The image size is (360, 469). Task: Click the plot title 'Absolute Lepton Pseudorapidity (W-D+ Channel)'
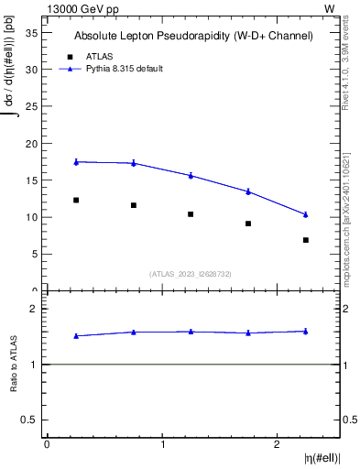click(x=193, y=36)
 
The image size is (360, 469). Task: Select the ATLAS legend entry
click(x=99, y=56)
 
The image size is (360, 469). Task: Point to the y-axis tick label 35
click(x=30, y=32)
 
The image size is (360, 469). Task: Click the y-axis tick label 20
click(x=30, y=144)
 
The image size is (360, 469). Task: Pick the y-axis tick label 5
click(x=33, y=255)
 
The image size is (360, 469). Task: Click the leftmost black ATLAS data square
click(x=76, y=200)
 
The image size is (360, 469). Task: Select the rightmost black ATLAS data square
click(x=306, y=240)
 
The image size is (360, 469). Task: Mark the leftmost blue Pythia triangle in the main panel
click(x=76, y=161)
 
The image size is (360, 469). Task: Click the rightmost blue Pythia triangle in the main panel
click(x=306, y=214)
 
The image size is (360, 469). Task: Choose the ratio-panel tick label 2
click(x=33, y=309)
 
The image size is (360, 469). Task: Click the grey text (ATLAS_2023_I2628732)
click(x=191, y=273)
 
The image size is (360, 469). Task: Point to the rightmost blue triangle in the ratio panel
click(x=306, y=331)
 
